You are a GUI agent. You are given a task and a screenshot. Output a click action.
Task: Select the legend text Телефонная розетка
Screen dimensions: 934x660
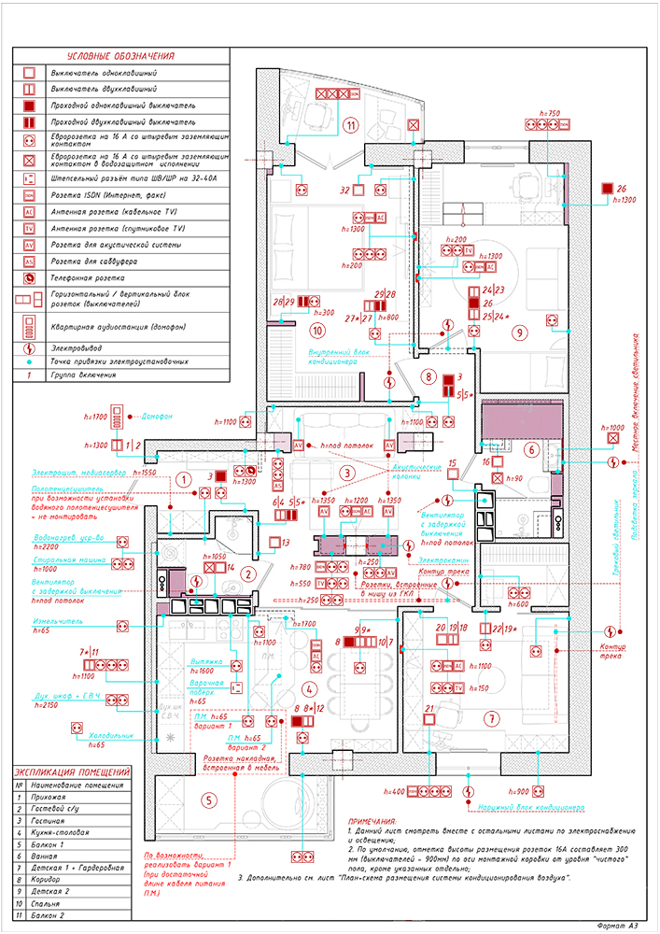(x=88, y=278)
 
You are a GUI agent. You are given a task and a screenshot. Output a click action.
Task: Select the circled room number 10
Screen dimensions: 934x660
(x=317, y=330)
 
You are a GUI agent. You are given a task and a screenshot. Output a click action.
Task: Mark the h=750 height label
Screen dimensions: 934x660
(x=549, y=113)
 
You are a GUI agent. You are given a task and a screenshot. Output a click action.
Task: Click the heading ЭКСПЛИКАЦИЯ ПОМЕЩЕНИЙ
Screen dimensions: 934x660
(x=73, y=771)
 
